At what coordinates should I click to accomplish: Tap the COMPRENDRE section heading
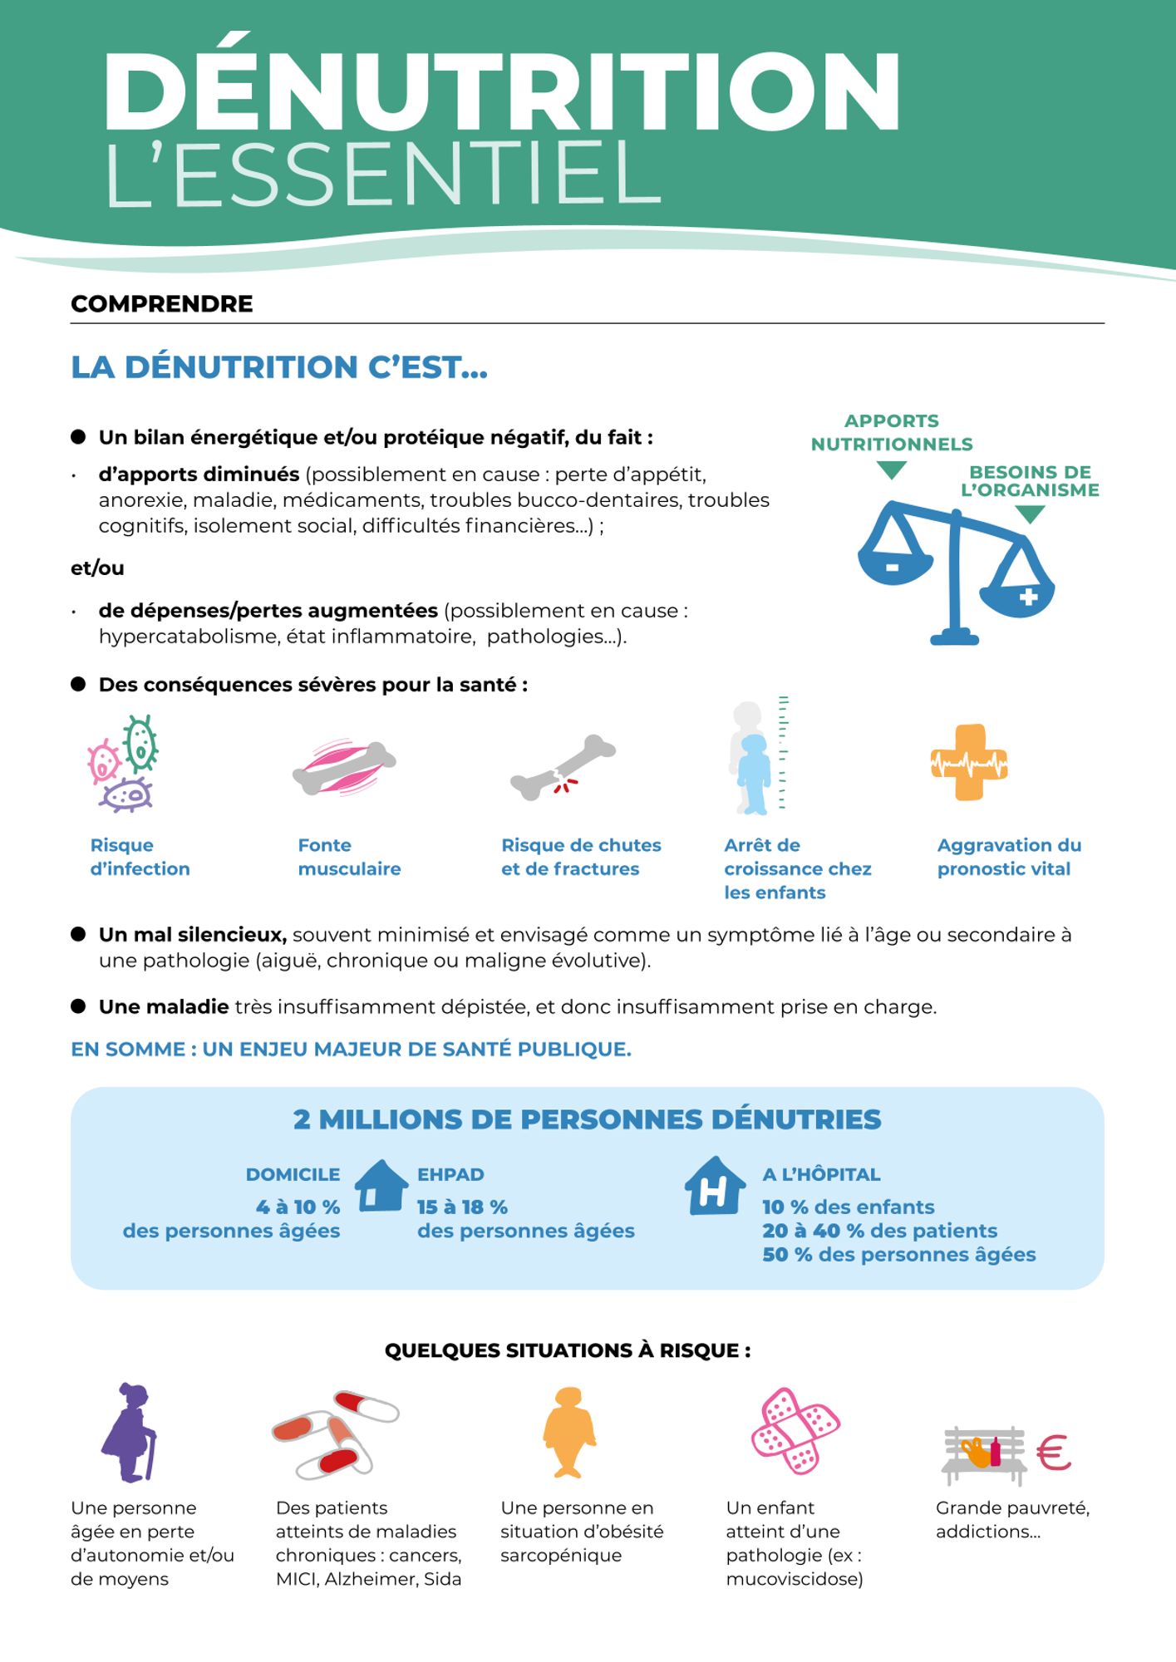pos(162,304)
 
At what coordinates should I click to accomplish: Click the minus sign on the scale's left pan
pos(893,567)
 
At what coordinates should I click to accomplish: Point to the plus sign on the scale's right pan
pos(1028,597)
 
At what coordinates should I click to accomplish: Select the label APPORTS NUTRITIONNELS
pos(892,432)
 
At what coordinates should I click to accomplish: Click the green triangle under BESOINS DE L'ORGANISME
pos(1030,514)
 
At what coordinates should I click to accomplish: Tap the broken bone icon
pos(563,768)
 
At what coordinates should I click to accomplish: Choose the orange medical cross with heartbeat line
pos(969,763)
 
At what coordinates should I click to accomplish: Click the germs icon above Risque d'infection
pos(125,763)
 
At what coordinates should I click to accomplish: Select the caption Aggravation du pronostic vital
pos(1009,857)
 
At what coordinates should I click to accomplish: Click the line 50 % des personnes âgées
pos(898,1254)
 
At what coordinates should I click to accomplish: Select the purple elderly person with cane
pos(130,1432)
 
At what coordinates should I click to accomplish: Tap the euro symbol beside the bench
pos(1054,1453)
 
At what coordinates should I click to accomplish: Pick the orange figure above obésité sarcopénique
pos(569,1432)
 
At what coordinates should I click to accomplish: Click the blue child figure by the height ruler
pos(755,773)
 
